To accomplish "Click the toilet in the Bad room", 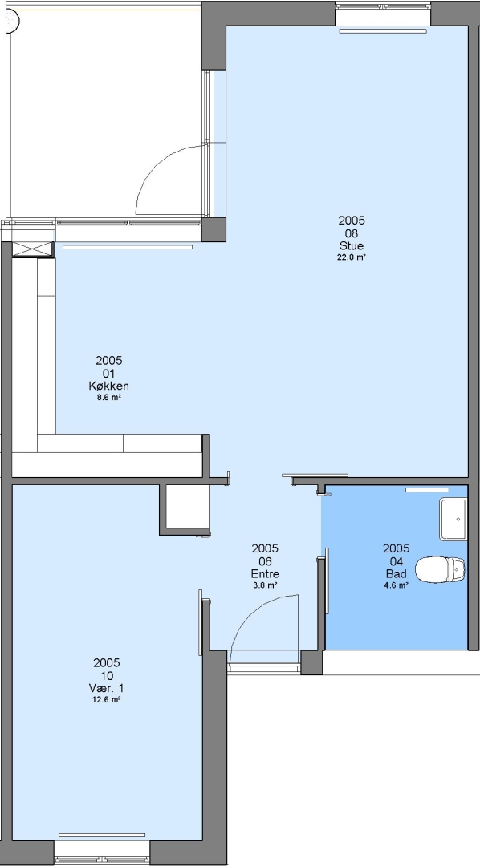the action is tap(440, 569).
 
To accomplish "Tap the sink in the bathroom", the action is tap(454, 519).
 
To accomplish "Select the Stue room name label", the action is tap(352, 246).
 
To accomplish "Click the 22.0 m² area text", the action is tap(352, 257).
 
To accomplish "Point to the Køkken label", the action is tap(109, 386).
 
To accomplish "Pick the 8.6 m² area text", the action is tap(109, 397).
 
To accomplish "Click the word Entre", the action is tap(265, 574).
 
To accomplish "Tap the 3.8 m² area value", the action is tap(265, 585).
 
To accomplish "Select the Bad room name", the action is tap(397, 574).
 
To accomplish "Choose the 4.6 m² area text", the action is tap(397, 585).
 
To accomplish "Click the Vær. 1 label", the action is tap(107, 688).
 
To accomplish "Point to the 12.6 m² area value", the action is tap(107, 699).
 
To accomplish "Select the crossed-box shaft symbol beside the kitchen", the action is tap(33, 249).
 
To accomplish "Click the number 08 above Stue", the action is tap(352, 233).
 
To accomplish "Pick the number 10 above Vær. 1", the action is tap(107, 675).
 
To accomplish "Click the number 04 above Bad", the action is tap(397, 561).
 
